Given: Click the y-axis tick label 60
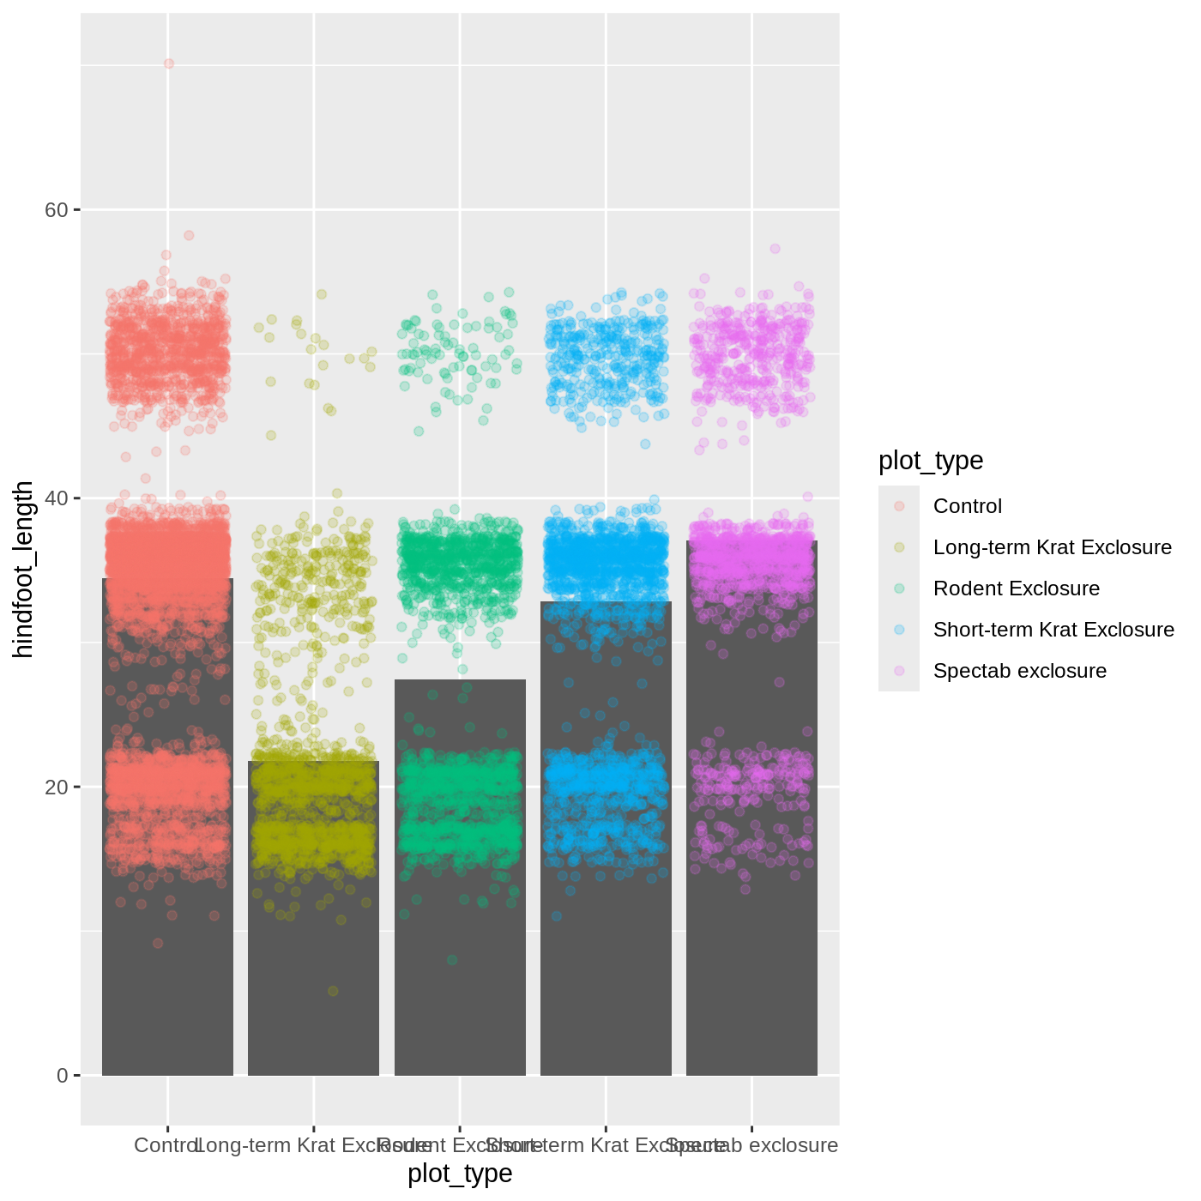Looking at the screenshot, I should [56, 210].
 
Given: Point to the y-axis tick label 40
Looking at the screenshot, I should [56, 498].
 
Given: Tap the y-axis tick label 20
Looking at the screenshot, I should [56, 788].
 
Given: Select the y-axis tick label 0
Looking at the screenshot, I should [62, 1076].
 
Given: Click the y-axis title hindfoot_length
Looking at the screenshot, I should [23, 569].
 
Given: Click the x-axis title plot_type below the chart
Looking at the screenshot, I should [460, 1174].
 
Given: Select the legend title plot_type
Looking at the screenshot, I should [931, 461].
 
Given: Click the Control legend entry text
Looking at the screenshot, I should [967, 506].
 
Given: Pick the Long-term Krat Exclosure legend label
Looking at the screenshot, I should [1052, 547].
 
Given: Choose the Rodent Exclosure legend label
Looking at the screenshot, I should [1016, 588].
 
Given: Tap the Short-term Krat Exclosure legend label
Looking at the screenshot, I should [1053, 630].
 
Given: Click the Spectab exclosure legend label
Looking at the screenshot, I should [1019, 671].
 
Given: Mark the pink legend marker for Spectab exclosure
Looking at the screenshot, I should [899, 671].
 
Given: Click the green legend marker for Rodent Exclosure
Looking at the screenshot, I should [899, 588].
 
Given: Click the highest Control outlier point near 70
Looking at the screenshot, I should [169, 63].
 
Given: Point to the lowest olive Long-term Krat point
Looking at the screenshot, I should [333, 991].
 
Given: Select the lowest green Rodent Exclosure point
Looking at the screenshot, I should [452, 960].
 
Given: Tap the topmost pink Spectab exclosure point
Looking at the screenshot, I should [775, 249].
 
